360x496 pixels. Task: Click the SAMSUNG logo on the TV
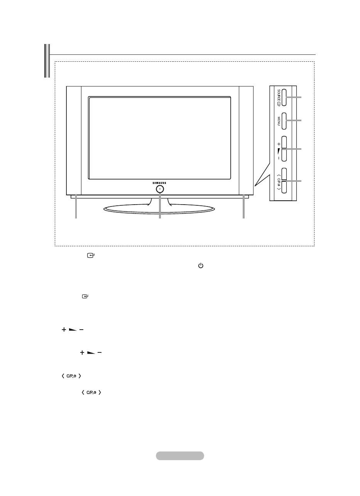coord(160,183)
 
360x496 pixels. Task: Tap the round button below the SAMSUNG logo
coord(160,189)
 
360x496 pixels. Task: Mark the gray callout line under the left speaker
coord(76,208)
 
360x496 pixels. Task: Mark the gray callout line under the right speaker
coord(243,208)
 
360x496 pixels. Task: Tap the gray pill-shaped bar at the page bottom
coord(180,456)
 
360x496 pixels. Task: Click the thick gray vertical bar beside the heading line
coord(47,61)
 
